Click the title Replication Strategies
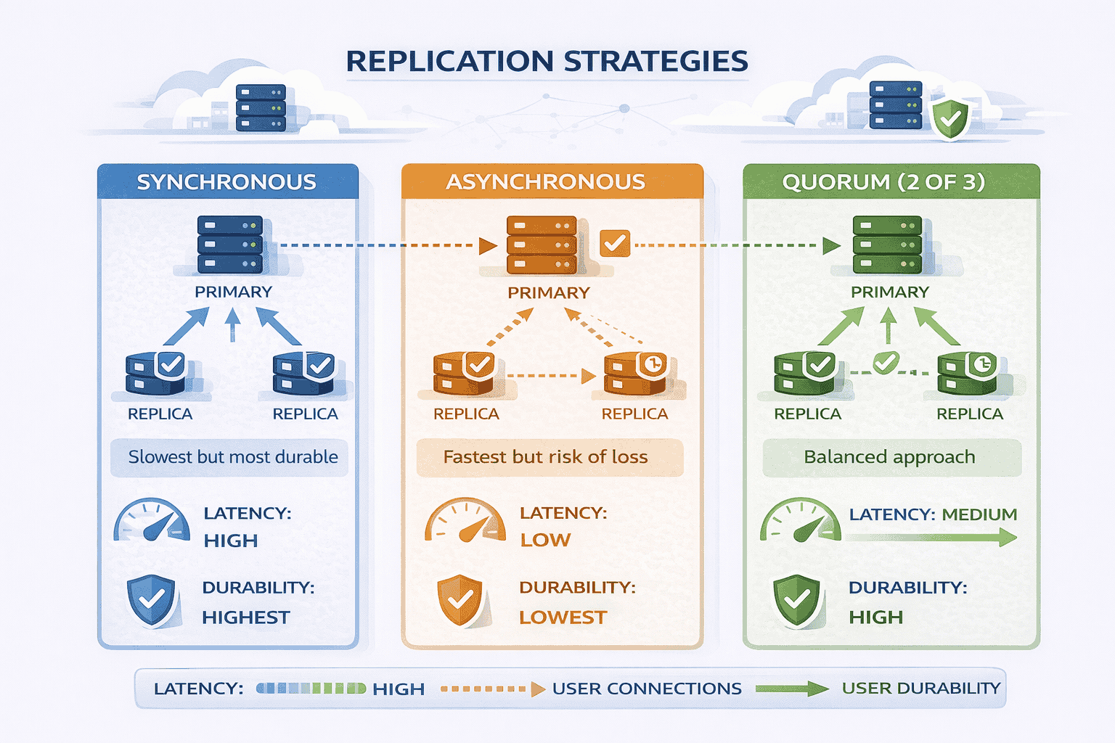547,62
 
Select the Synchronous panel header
226,182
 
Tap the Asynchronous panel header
545,182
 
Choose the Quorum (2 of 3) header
883,182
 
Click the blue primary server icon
230,245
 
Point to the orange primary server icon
542,245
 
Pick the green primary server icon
887,245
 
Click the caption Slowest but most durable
233,457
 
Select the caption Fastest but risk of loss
545,457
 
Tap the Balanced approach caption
889,457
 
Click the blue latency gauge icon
151,520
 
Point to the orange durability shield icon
460,600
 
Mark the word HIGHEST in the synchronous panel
246,617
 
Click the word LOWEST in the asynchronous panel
563,617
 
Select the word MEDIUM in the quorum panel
979,514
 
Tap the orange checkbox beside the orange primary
615,243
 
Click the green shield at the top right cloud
949,118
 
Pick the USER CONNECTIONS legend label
647,689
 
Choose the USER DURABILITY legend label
920,689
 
